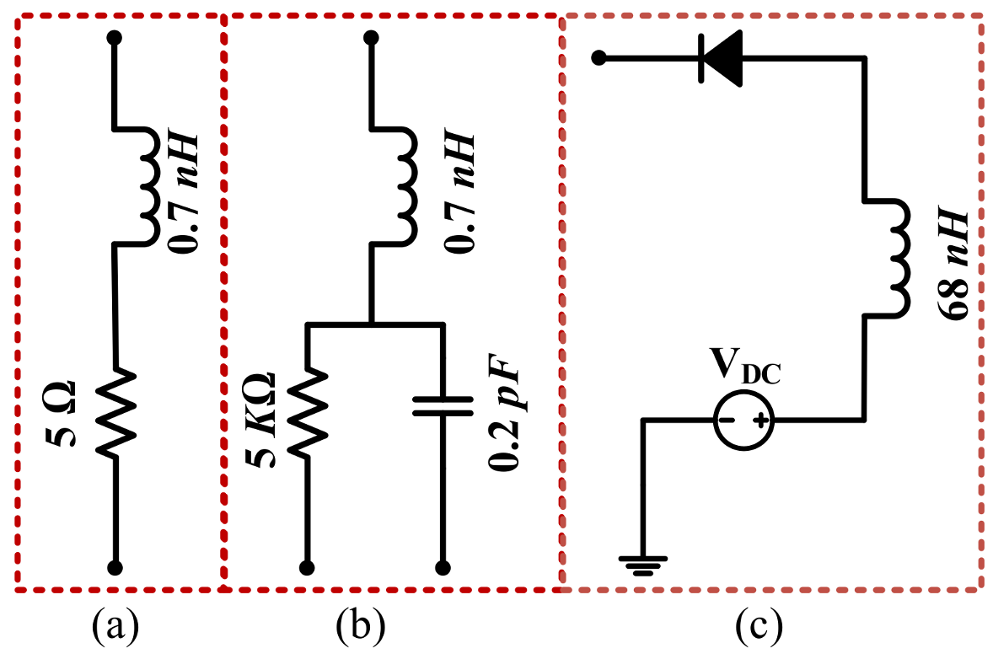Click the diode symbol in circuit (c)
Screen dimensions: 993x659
click(x=720, y=58)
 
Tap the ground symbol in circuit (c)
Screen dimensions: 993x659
click(x=643, y=565)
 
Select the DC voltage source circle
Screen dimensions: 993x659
click(x=743, y=420)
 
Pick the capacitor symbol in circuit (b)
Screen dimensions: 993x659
click(x=443, y=406)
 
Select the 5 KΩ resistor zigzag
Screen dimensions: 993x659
click(x=308, y=412)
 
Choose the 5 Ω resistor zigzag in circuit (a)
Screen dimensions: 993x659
click(x=115, y=411)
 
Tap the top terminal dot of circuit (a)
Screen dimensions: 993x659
click(x=115, y=38)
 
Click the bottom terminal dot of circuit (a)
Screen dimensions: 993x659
click(x=115, y=568)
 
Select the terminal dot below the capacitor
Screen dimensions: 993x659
click(x=443, y=568)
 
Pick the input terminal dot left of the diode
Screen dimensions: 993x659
click(x=598, y=58)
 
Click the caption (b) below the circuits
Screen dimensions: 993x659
click(x=360, y=627)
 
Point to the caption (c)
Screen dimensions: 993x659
click(x=759, y=627)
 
